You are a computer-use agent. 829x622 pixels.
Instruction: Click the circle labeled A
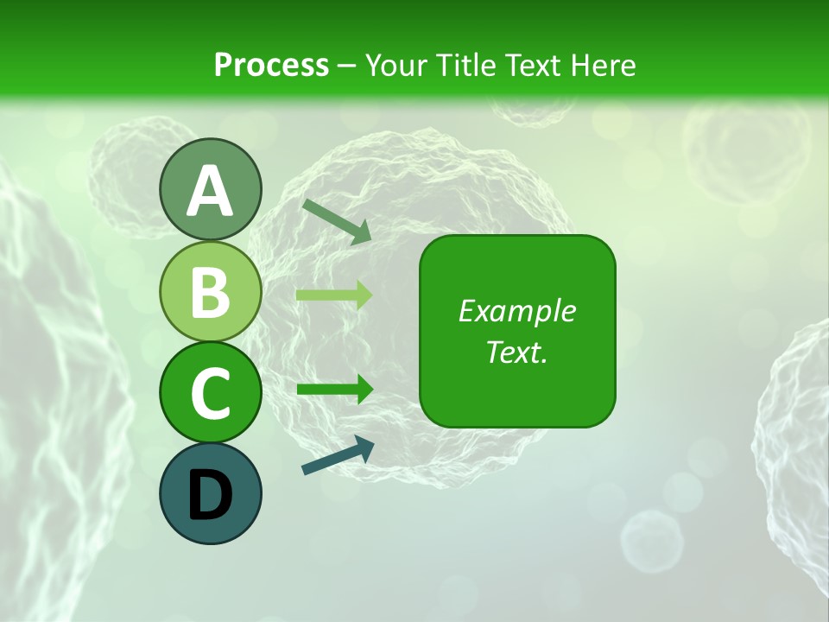point(210,190)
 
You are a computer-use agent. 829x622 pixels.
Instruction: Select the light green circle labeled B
point(210,291)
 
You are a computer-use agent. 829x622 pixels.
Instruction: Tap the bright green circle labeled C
point(210,392)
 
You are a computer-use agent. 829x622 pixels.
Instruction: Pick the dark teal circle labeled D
point(210,493)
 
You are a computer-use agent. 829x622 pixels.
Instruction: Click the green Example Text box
point(517,332)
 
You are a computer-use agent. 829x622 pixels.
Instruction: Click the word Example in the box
point(517,311)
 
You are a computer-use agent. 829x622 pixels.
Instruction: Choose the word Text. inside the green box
point(517,352)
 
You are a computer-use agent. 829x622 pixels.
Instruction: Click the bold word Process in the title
point(271,66)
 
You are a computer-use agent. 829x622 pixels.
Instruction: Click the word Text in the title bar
point(535,66)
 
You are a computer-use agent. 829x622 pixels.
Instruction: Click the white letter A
point(210,190)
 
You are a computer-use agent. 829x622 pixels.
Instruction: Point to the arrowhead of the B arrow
point(364,295)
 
